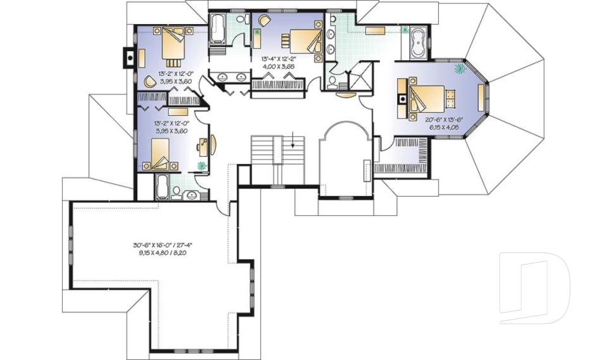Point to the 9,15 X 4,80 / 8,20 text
click(161, 252)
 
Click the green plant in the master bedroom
click(460, 67)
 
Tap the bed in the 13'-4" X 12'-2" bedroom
click(303, 42)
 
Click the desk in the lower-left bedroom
click(203, 146)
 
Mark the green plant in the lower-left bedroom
click(202, 166)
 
